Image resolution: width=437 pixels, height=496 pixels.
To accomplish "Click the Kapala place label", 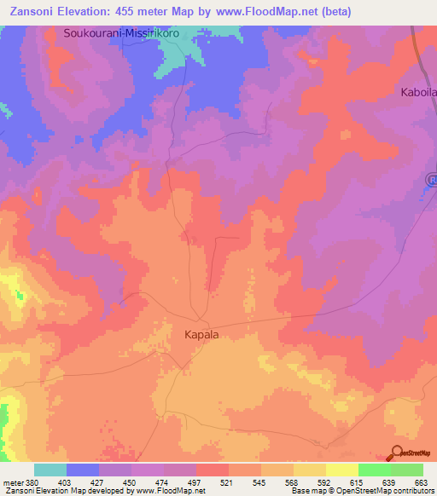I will click(201, 335).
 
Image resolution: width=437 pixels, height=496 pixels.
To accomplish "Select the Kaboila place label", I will click(418, 92).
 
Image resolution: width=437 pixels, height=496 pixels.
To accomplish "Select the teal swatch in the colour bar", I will click(50, 470).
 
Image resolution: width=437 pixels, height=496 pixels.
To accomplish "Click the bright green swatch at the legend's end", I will click(406, 470).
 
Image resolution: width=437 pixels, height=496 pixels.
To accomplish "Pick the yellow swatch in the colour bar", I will click(341, 470).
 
